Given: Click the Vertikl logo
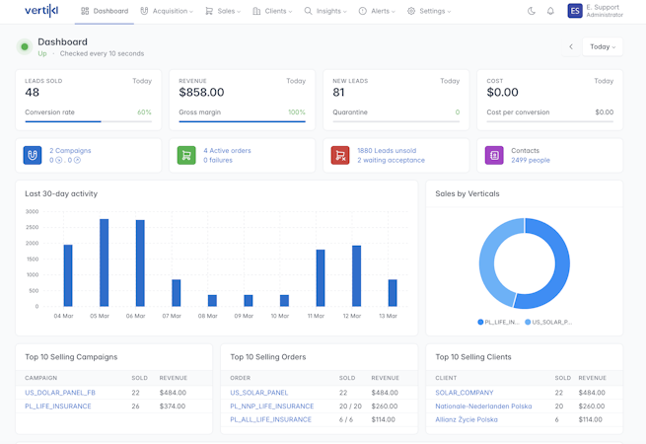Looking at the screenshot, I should [41, 11].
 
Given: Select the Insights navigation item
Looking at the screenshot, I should [325, 11].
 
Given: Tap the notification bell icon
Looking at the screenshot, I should [550, 11].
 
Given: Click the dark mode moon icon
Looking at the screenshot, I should [532, 11].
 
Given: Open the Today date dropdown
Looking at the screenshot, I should [602, 46].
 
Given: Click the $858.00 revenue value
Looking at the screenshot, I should [201, 93].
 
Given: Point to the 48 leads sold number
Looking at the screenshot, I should [33, 93].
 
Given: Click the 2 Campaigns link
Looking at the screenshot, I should [70, 151].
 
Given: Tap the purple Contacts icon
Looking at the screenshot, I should [494, 155].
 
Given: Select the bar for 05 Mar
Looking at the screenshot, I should [104, 262].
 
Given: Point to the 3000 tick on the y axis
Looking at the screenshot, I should [33, 211].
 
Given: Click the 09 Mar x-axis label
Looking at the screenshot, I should [243, 316].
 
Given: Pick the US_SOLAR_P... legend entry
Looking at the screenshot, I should [549, 322].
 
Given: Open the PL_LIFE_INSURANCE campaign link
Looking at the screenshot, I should [58, 406].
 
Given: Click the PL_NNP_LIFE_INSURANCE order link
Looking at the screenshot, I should [271, 406].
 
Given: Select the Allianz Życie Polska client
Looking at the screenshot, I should [467, 419].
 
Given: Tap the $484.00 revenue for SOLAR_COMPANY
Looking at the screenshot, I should [592, 393].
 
